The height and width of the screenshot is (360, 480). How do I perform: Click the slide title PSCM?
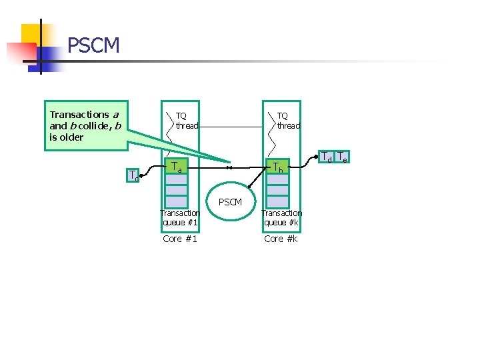tap(93, 45)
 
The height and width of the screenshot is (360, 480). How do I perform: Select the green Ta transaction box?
tap(177, 166)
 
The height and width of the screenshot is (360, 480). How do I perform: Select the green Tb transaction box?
tap(278, 167)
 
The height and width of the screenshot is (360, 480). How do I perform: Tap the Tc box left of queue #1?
tap(134, 176)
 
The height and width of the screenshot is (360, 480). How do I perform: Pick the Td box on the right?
tap(326, 158)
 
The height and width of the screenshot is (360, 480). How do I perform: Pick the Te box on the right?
tap(341, 158)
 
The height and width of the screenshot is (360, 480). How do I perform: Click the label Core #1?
tap(180, 239)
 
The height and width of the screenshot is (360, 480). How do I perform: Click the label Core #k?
tap(281, 239)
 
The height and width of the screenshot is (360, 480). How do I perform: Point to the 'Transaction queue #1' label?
tap(180, 217)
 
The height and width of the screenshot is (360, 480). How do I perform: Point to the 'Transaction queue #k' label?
tap(281, 217)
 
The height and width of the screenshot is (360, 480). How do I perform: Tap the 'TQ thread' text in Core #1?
tap(187, 121)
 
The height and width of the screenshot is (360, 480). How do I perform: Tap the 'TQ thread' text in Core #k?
tap(288, 121)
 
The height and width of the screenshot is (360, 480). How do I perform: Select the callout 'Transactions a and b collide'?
tap(85, 125)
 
